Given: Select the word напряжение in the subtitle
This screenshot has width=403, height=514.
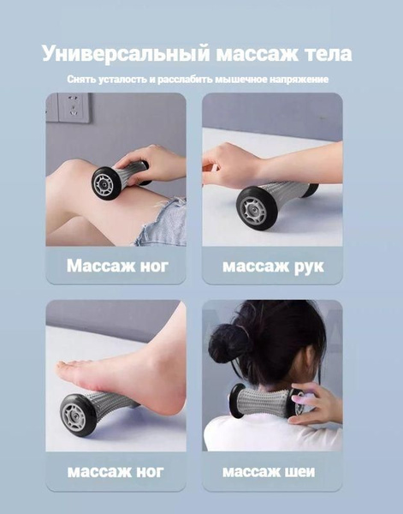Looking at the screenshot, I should [299, 79].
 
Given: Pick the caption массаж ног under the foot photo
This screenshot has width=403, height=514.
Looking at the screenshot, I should [116, 472].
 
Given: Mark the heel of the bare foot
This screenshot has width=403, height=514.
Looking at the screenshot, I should [171, 387].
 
